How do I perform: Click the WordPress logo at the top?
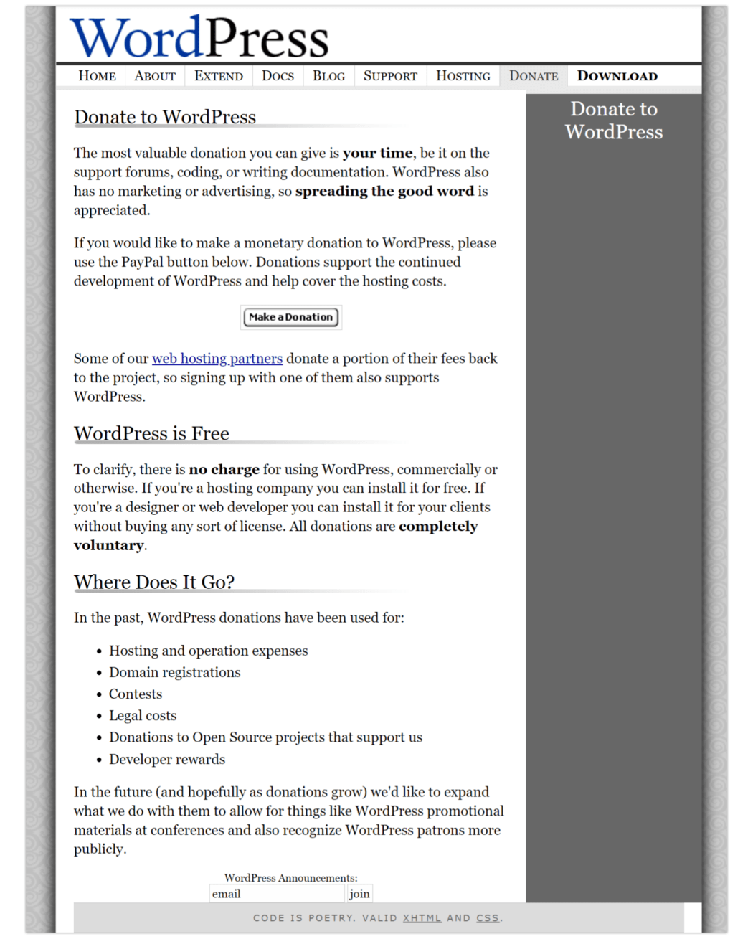coord(199,37)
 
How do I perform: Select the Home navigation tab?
coord(97,76)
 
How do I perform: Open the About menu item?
coord(155,76)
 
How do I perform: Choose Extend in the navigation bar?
coord(219,76)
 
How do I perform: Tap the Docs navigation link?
coord(278,76)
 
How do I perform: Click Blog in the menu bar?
coord(328,76)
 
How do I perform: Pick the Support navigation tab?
coord(390,76)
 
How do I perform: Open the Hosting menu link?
coord(463,76)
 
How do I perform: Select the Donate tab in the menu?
coord(534,76)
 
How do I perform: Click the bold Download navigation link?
coord(617,76)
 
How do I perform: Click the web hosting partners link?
coord(217,359)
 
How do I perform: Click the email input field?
coord(277,894)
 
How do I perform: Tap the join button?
coord(359,894)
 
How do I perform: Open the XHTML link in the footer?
coord(422,918)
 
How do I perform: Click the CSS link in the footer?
coord(488,918)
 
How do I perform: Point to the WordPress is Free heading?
coord(151,433)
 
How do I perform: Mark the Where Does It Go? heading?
coord(154,582)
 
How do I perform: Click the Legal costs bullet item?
coord(143,716)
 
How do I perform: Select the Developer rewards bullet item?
coord(167,759)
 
